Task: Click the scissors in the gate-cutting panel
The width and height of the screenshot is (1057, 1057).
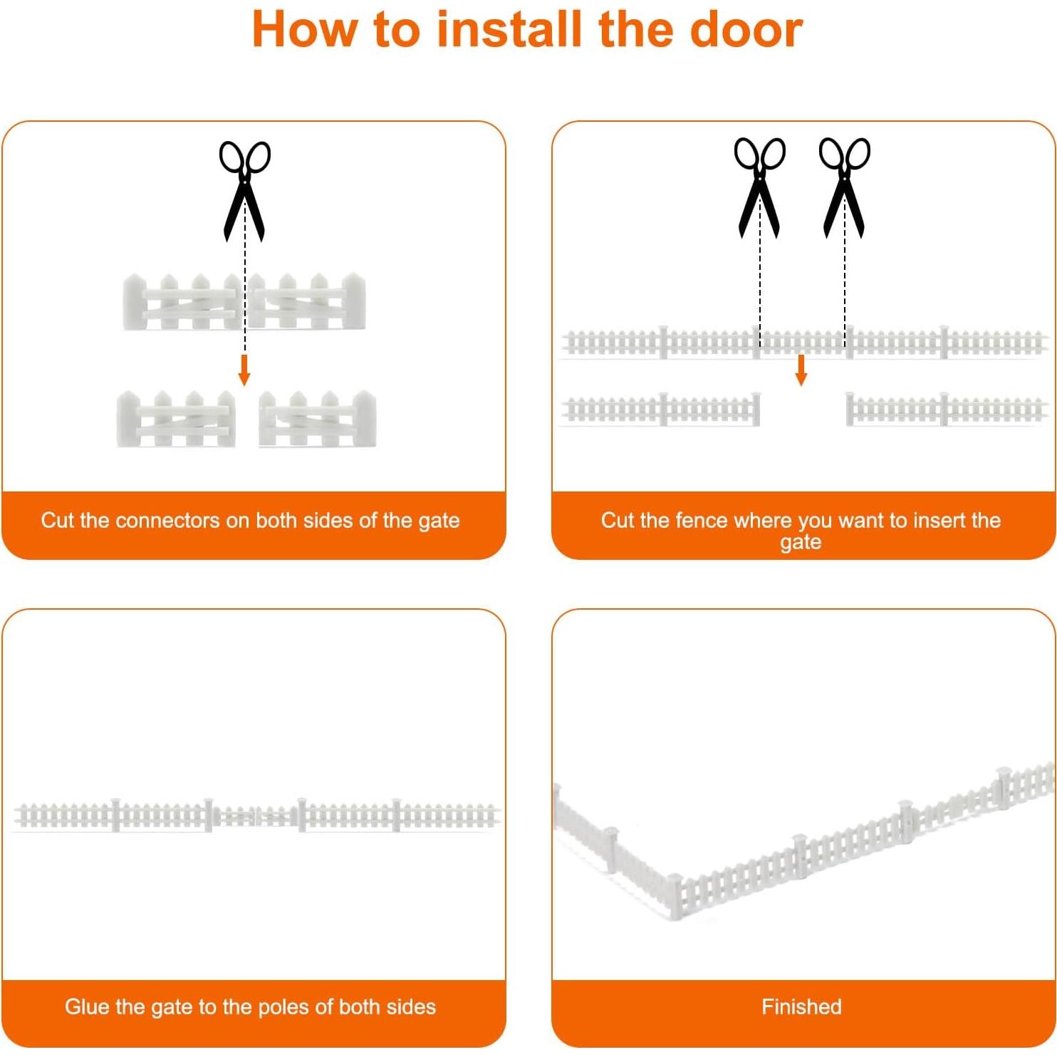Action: click(244, 191)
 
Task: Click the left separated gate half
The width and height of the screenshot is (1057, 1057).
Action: click(176, 419)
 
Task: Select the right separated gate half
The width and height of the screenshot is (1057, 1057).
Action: click(318, 419)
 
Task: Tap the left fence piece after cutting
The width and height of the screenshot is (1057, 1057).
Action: click(662, 409)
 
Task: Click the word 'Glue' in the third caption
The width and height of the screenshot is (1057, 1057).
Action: click(88, 1007)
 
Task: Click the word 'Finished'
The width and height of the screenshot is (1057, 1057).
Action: click(801, 1007)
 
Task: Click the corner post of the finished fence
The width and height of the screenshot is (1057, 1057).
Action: click(673, 896)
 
